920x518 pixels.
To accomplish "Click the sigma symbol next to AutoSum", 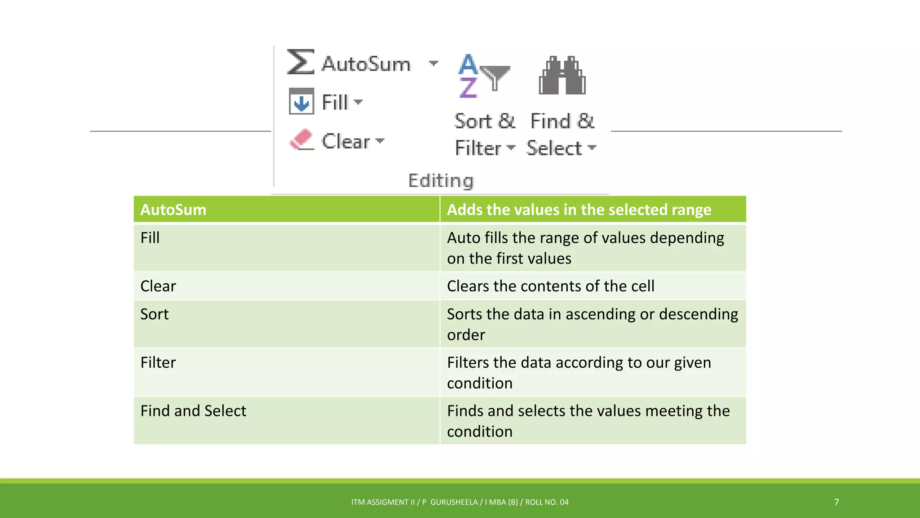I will point(300,62).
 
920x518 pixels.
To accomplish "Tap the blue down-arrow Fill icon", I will point(301,102).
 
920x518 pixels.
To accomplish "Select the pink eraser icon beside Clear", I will point(301,139).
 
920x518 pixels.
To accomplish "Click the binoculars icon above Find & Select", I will point(562,76).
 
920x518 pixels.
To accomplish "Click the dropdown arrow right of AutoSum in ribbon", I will point(433,63).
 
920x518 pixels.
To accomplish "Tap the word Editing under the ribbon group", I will point(441,180).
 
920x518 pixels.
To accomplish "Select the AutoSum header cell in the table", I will point(173,210).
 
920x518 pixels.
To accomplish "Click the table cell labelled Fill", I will point(150,238).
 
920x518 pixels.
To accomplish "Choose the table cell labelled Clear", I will point(158,286).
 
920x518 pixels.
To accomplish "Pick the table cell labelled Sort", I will point(155,314).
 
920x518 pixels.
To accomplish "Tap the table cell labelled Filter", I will point(158,362).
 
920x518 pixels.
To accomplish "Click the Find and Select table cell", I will point(193,411).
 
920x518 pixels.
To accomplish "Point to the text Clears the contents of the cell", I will point(550,286).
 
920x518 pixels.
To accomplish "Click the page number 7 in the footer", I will point(836,502).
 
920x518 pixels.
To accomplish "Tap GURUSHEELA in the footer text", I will point(454,502).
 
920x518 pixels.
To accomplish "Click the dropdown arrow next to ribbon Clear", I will point(380,141).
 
